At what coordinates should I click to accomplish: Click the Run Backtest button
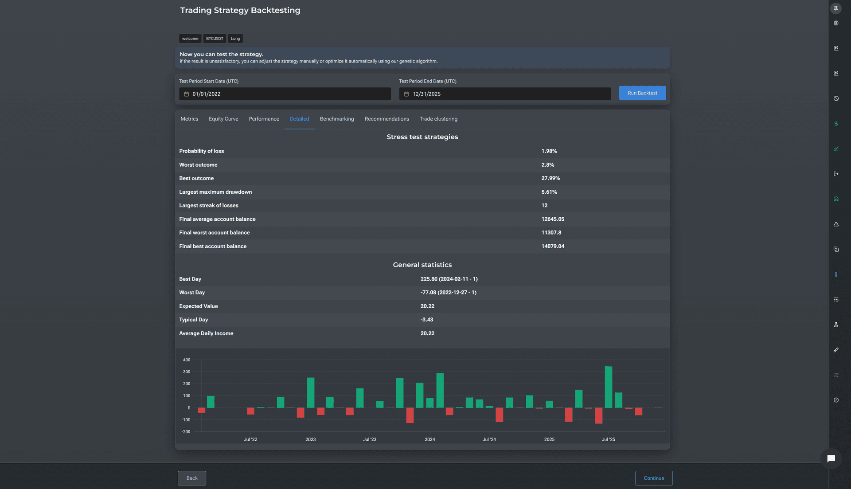(642, 93)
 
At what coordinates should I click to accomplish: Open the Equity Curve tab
(223, 119)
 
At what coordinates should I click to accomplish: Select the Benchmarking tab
(337, 119)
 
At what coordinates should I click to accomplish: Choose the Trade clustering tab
(438, 119)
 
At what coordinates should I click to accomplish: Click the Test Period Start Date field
(285, 94)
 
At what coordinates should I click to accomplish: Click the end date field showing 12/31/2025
(505, 94)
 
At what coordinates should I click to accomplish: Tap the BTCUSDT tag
(215, 39)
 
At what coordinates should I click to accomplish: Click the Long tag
(235, 39)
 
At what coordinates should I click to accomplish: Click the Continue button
(654, 478)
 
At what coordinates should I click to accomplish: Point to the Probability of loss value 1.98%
(549, 151)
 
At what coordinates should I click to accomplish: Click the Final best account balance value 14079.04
(553, 246)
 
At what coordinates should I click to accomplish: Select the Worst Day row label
(192, 293)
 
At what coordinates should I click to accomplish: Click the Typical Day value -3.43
(427, 320)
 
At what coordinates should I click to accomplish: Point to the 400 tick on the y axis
(187, 360)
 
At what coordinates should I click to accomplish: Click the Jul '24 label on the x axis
(489, 439)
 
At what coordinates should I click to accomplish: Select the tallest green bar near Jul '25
(609, 387)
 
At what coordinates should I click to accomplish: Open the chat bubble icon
(831, 458)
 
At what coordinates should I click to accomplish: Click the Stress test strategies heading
(422, 137)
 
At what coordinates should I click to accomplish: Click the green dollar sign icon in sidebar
(836, 124)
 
